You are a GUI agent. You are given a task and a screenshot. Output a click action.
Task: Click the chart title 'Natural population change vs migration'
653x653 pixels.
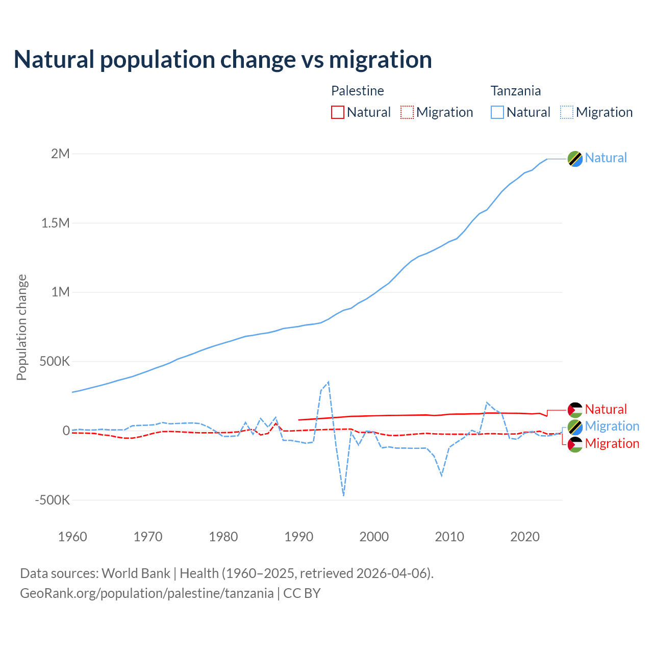coord(222,60)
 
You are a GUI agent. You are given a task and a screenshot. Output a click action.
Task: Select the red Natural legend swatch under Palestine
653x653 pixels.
coord(338,112)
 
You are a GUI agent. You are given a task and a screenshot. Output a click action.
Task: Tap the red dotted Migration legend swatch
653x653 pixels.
coord(407,112)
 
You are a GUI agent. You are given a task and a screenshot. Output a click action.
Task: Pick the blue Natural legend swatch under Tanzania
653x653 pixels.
coord(497,112)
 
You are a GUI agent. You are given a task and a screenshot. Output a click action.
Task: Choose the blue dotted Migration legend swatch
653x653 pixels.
coord(567,112)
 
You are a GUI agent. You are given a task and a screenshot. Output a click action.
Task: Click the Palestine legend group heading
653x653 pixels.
coord(357,91)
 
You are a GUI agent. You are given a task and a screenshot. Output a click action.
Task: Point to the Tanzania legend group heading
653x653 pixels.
coord(515,91)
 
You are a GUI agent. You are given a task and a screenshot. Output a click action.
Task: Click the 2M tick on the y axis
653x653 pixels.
coord(60,154)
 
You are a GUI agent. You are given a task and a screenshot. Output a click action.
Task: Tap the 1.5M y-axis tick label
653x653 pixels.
coord(56,223)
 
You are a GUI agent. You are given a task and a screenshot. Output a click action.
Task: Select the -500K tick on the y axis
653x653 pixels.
coord(52,500)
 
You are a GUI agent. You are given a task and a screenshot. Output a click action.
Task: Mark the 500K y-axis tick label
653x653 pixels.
coord(54,362)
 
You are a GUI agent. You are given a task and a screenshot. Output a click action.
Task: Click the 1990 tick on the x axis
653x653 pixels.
coord(299,537)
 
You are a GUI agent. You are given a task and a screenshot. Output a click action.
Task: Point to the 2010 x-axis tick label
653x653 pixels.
coord(449,537)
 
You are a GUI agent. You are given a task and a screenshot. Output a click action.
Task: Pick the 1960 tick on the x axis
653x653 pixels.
coord(73,537)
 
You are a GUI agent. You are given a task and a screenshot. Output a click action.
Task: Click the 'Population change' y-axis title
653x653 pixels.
coord(21,328)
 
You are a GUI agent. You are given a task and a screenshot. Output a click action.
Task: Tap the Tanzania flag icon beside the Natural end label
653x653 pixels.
coord(575,159)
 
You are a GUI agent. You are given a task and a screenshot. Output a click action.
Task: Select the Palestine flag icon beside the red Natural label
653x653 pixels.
coord(575,410)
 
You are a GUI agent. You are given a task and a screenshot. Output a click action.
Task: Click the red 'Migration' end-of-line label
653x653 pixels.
coord(612,443)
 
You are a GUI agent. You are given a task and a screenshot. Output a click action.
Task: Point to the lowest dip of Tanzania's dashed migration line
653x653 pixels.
coord(344,495)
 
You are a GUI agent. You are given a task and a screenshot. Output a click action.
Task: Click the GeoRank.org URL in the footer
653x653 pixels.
coord(147,593)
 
